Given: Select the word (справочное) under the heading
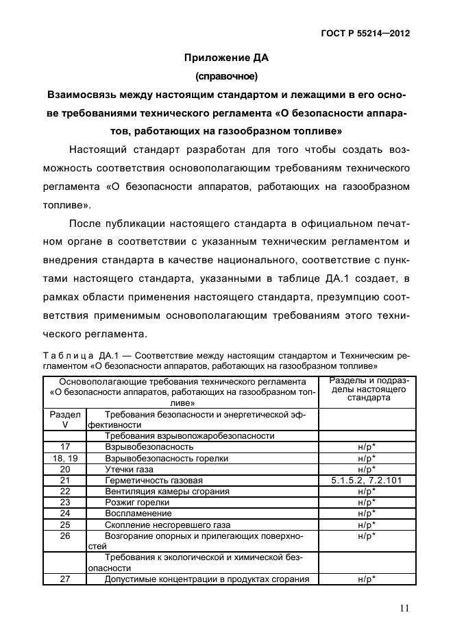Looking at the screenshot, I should pyautogui.click(x=226, y=76).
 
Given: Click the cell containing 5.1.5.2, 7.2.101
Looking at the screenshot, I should pyautogui.click(x=367, y=481).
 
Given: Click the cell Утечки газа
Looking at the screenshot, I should pyautogui.click(x=128, y=470).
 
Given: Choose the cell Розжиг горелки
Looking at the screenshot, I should pyautogui.click(x=138, y=503).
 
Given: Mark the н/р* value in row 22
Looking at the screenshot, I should pyautogui.click(x=367, y=492).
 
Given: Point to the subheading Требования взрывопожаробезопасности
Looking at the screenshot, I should pyautogui.click(x=189, y=436).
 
